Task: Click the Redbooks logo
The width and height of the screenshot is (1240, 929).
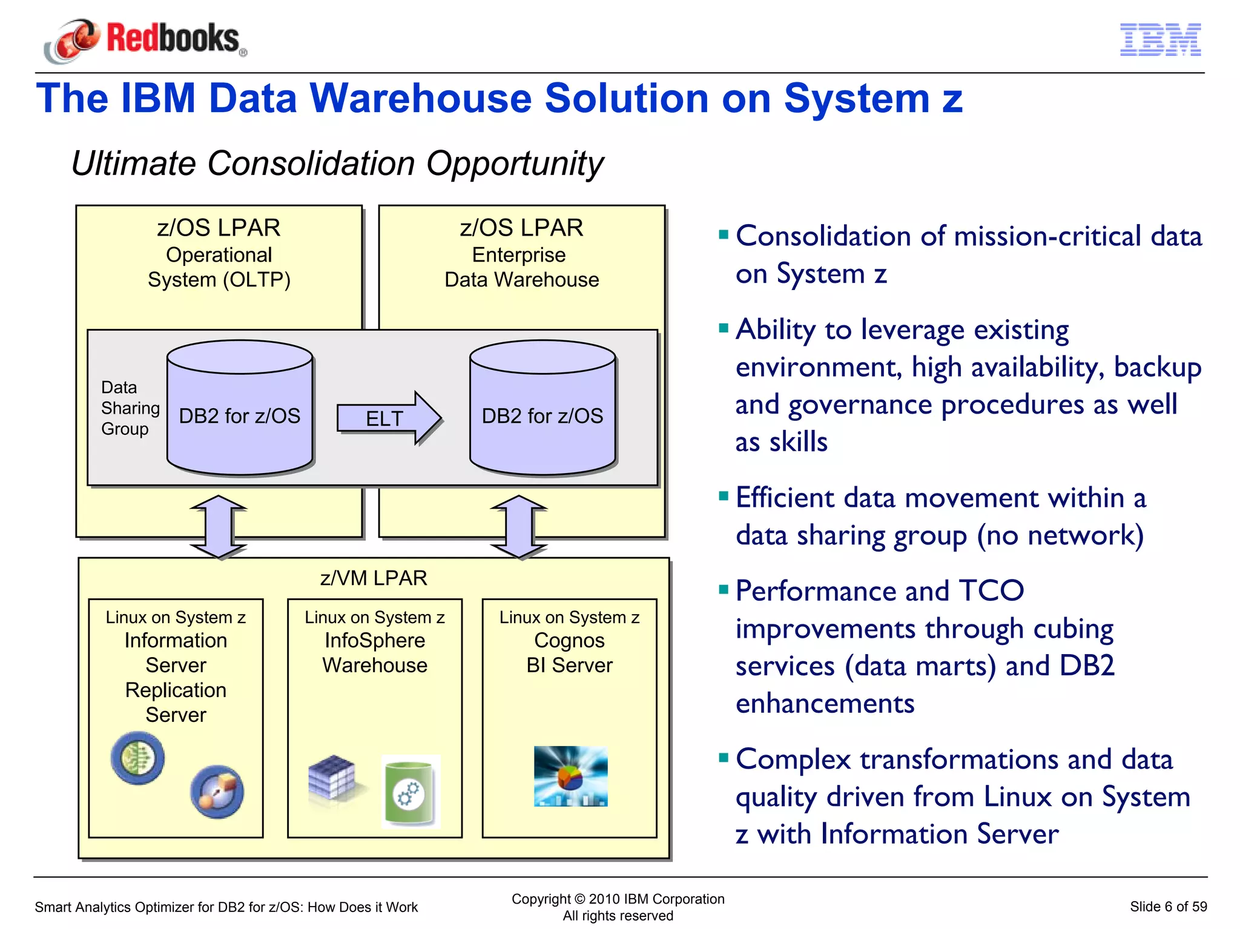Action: tap(145, 40)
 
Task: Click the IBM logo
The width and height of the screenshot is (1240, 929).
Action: tap(1160, 40)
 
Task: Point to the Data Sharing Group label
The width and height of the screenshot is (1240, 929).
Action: tap(129, 408)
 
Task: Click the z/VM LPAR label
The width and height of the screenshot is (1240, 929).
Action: tap(374, 578)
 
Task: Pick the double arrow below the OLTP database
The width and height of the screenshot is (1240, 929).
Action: tap(218, 526)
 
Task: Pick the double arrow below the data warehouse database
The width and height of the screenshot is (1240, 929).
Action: tap(519, 526)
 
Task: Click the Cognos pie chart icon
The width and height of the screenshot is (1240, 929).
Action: tap(570, 776)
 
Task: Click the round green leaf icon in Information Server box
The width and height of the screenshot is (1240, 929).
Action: tap(138, 758)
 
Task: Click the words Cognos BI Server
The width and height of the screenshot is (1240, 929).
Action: tap(569, 653)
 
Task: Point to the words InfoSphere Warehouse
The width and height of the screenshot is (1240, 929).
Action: tap(375, 653)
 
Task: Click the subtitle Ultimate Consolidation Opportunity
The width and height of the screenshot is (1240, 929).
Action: tap(337, 164)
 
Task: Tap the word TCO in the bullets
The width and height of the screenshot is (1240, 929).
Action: tap(991, 590)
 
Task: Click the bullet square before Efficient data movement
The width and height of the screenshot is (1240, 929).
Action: tap(723, 497)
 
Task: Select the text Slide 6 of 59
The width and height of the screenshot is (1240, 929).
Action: tap(1168, 907)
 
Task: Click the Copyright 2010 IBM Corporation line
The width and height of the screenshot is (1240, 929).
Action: tap(618, 899)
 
